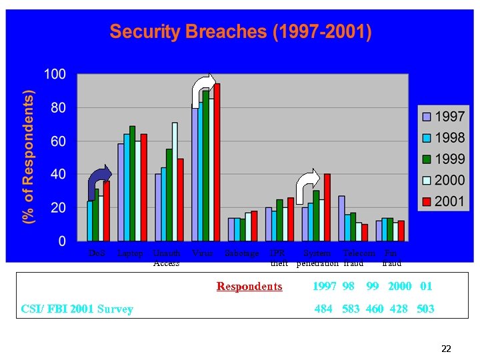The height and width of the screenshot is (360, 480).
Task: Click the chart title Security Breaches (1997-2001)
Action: (x=241, y=32)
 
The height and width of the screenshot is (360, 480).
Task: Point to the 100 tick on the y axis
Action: (x=55, y=74)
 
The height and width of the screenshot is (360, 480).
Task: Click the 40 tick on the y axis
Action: (x=59, y=174)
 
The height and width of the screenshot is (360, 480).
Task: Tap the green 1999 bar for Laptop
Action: (x=132, y=183)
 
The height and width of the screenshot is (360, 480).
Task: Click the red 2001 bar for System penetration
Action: (x=327, y=207)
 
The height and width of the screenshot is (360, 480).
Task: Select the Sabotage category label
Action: (x=242, y=253)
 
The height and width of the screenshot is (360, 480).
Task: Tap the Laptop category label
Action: (x=130, y=253)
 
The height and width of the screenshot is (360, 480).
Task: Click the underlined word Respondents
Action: (x=249, y=287)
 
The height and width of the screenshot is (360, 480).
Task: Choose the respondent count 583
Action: (x=351, y=309)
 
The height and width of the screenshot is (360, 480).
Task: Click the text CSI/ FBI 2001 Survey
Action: (x=77, y=309)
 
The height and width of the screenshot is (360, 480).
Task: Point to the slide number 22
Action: (x=446, y=349)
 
